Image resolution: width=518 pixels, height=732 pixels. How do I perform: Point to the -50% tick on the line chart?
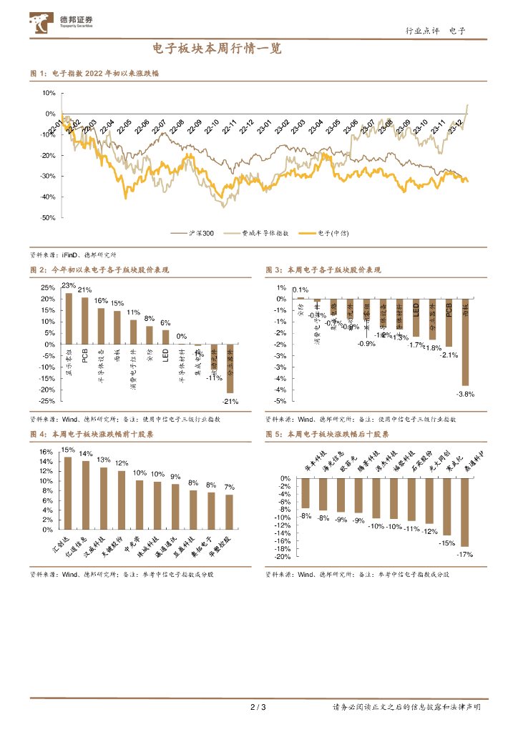click(48, 217)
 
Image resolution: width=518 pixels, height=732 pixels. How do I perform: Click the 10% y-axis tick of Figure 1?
click(49, 93)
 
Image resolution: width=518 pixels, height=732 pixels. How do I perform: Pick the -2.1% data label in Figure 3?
click(449, 355)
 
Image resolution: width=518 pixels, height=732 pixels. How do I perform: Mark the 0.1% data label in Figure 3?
click(300, 290)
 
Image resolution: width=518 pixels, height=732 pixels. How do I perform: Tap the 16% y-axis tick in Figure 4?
click(46, 452)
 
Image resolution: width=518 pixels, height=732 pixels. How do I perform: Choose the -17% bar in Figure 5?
click(464, 513)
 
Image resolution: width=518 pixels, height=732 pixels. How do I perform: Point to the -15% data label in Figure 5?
click(447, 543)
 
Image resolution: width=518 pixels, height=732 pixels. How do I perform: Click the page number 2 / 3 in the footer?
click(258, 708)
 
